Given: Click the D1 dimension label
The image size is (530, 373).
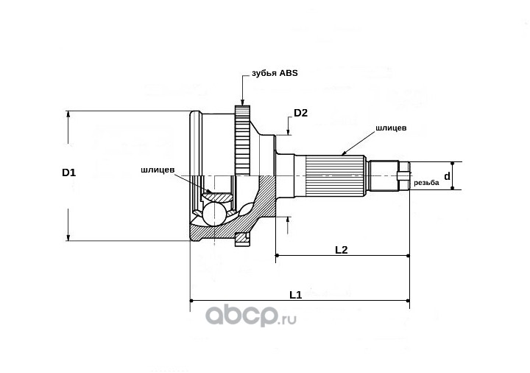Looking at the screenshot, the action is (68, 172).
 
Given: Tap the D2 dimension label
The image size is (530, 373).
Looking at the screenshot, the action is (300, 113).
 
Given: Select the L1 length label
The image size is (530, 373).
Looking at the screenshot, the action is (295, 295).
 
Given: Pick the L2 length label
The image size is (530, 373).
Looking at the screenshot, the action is (341, 250).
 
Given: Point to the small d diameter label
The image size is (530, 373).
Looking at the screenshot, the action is (447, 176).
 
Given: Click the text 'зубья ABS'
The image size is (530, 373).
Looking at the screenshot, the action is (275, 74).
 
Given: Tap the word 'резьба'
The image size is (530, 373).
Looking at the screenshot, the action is (426, 183).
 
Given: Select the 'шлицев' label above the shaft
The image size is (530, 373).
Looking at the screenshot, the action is (391, 128).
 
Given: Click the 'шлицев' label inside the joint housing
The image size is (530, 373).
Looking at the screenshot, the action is (158, 170).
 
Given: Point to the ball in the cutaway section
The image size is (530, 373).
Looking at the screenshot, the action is (214, 214).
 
